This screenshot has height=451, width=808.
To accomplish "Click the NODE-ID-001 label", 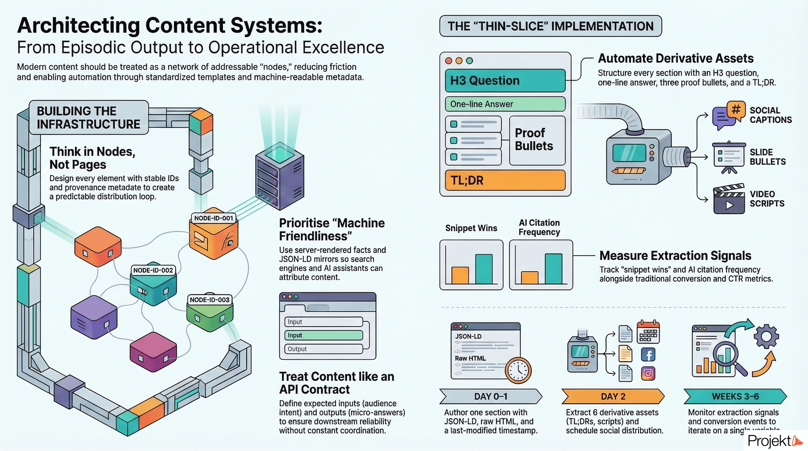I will point(213,218).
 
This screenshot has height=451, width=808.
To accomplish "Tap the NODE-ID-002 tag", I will point(153,270).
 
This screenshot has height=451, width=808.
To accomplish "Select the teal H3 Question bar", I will point(505,80).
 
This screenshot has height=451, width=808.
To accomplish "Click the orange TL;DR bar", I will point(505,180).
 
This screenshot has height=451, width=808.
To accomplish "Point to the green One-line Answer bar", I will point(505,104).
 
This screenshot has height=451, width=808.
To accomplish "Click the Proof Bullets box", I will point(537,140).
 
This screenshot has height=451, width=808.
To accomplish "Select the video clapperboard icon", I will point(729,199).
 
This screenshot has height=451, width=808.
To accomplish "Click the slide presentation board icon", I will point(729,157).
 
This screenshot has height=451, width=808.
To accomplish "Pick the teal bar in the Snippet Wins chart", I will point(484,269).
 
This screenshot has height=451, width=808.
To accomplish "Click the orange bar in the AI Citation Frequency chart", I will point(529,278).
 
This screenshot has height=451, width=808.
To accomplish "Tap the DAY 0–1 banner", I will point(491,396).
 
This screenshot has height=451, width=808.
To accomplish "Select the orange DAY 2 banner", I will point(613,396).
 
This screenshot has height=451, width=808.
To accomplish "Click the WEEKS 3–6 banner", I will point(735,396).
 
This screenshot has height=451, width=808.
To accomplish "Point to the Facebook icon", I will point(648,355).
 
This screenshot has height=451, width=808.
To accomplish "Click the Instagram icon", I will point(648,373).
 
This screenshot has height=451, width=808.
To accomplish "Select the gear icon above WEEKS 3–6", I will point(766,336).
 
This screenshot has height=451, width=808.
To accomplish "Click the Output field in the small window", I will point(323,349).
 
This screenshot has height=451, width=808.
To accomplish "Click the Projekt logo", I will point(774,441).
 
